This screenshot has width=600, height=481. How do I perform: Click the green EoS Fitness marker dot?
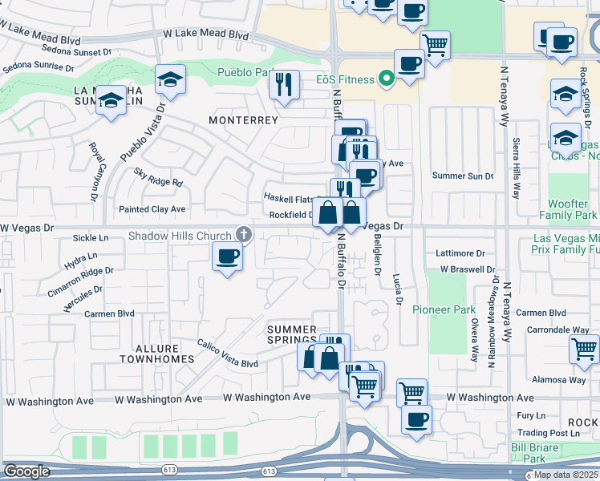coord(386,79)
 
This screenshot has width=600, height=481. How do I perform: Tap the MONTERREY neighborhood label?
coord(243,120)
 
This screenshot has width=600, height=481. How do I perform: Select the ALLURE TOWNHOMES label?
coord(164,354)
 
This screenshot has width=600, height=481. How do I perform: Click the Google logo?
coord(26,471)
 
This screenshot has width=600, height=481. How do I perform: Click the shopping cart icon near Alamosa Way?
coord(585,349)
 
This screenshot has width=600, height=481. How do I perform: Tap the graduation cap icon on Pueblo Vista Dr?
coord(170,79)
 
